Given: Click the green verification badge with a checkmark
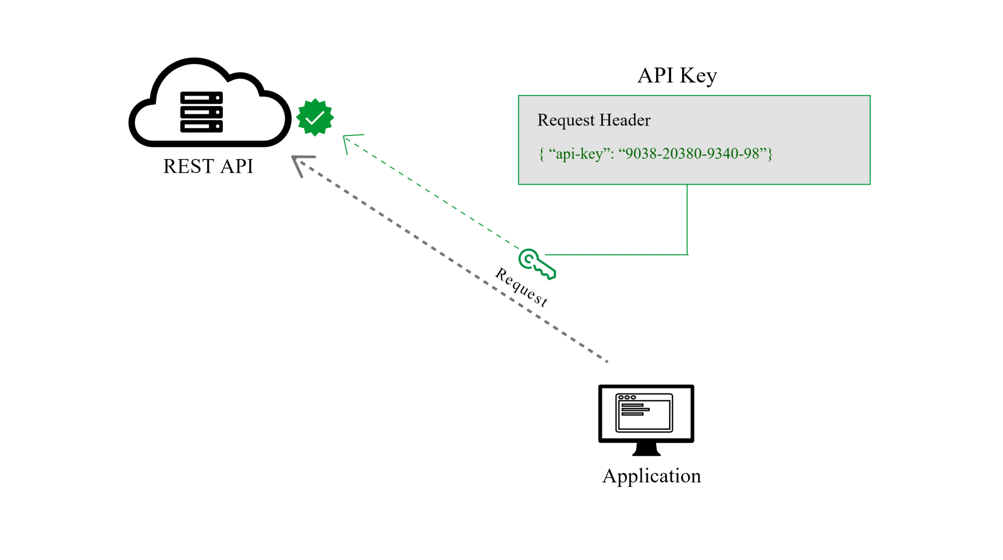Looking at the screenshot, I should [x=315, y=117].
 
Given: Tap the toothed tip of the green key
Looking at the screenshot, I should [x=550, y=274].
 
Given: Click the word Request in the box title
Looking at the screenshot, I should [x=566, y=120].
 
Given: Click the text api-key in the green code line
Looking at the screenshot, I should [x=579, y=154].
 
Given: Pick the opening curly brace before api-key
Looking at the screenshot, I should [x=541, y=154].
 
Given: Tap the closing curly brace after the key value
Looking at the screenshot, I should [x=770, y=154].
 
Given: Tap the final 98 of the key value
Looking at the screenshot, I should [x=751, y=154].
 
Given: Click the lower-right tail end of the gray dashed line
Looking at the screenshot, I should [x=606, y=361].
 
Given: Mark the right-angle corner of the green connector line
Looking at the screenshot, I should [x=688, y=255].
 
